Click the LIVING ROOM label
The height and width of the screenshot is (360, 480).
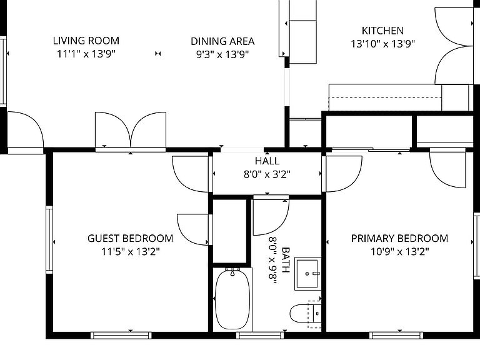[x=86, y=41]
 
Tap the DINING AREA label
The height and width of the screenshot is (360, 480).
[x=222, y=41]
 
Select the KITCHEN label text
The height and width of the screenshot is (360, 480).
[x=382, y=31]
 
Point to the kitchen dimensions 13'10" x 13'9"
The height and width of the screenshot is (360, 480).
[x=382, y=44]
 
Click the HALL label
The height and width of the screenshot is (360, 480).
[x=267, y=161]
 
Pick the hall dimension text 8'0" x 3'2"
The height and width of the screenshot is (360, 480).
[x=267, y=174]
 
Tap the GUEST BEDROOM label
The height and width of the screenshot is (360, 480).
[x=131, y=238]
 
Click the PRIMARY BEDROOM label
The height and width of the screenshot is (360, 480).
[x=399, y=238]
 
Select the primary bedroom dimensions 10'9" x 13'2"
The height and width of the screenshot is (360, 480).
[x=400, y=252]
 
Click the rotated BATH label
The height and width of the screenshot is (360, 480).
[x=285, y=260]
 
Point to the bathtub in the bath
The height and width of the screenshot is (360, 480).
[x=232, y=300]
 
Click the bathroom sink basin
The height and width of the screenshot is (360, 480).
[x=307, y=274]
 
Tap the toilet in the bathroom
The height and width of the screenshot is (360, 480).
[x=305, y=314]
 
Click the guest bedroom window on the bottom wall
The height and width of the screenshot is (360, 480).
[x=121, y=336]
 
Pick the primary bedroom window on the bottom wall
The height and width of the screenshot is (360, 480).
[x=396, y=336]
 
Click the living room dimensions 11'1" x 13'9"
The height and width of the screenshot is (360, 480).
[x=86, y=54]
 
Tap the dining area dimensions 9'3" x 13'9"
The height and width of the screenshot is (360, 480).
[x=222, y=55]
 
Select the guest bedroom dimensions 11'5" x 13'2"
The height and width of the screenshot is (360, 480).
[x=131, y=252]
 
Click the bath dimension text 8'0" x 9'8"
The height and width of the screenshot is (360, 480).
[x=272, y=260]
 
